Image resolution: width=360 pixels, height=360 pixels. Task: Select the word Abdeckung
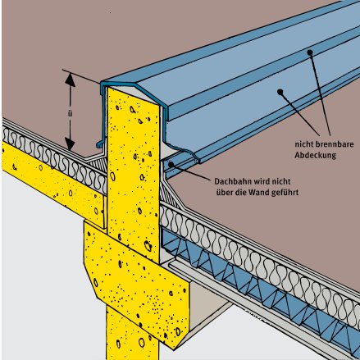point(315,156)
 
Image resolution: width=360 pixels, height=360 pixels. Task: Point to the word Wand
point(258,192)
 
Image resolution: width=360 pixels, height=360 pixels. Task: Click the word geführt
point(285,193)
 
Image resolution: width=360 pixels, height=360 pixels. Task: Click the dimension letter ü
point(71,114)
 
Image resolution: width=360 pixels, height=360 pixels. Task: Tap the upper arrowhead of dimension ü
point(71,80)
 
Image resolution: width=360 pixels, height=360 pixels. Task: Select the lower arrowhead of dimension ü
point(70,144)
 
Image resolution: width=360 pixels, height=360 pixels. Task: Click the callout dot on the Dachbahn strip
point(171,164)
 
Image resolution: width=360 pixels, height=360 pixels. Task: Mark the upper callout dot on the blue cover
point(310,52)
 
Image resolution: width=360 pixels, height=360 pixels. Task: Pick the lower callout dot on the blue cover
point(280,92)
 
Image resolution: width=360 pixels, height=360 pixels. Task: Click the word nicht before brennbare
point(303,144)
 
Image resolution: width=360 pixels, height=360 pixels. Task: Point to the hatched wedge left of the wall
point(98,163)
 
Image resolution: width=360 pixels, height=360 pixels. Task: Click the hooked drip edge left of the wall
point(99,144)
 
